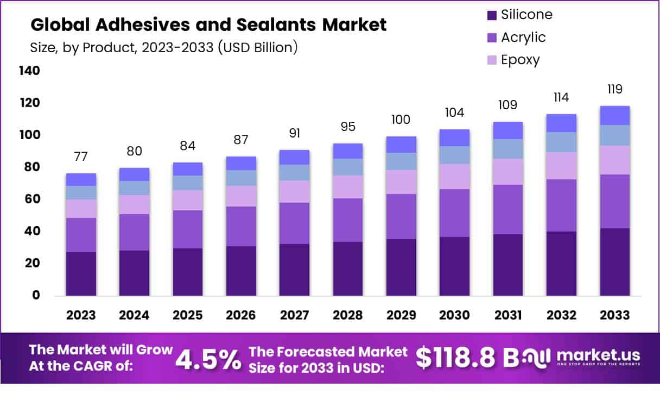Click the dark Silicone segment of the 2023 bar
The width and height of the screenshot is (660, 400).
pos(81,273)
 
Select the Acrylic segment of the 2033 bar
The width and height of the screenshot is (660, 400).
pos(615,201)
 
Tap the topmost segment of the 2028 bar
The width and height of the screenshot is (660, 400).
pos(348,151)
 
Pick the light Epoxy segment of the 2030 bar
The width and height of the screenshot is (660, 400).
pos(455,176)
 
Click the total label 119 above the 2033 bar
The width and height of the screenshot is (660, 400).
pos(615,89)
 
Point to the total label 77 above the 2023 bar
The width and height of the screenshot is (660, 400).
pos(81,157)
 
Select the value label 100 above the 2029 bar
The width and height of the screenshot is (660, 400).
pos(401,120)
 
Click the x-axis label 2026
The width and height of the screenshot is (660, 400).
pos(241,316)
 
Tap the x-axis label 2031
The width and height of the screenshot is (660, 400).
pos(508,316)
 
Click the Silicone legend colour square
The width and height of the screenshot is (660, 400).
pos(492,15)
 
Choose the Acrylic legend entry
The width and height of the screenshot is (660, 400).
pos(523,37)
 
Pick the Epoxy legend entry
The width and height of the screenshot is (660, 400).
pos(520,59)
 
